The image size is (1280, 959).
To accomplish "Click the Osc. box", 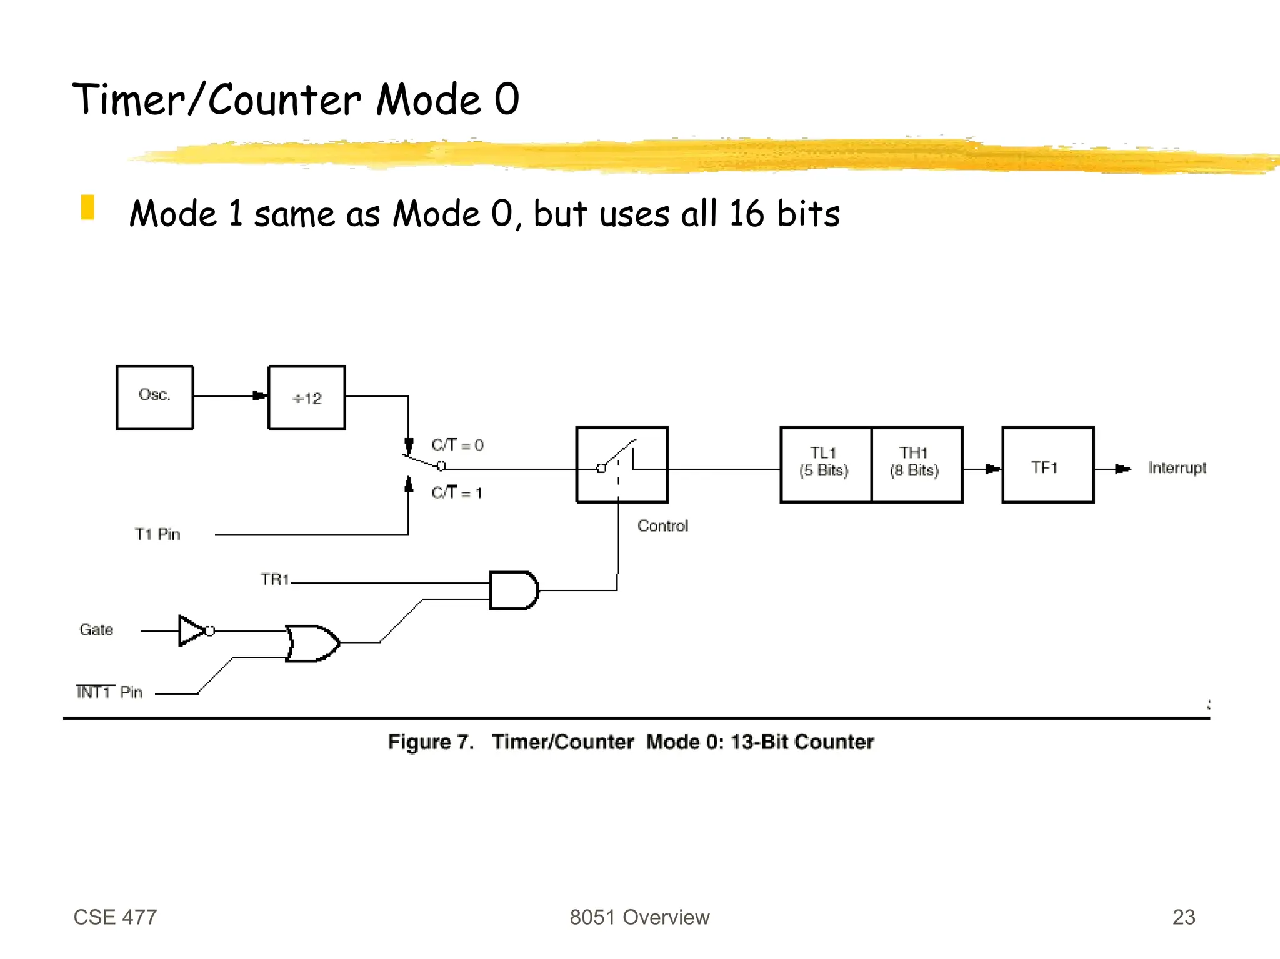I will (154, 397).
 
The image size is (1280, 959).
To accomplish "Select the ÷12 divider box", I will (306, 397).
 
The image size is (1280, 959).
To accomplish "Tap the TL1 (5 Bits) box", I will (825, 464).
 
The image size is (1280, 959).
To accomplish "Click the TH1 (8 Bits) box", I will (916, 464).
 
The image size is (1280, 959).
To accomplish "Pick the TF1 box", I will (1047, 464).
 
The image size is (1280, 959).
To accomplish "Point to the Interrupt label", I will (1177, 468).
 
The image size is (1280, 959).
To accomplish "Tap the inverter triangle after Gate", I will (191, 630).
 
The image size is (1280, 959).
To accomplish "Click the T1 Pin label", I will (157, 534).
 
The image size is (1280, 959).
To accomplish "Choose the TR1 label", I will (275, 580).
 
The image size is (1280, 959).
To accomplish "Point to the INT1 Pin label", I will (109, 692).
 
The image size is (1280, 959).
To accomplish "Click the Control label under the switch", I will (662, 526).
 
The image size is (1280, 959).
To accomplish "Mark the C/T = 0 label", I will (457, 445).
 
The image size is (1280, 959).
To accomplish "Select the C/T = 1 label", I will (457, 493).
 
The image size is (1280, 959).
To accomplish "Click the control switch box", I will (621, 464).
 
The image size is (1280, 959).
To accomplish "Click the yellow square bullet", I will (87, 207).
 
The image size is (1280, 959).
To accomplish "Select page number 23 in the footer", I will (1183, 917).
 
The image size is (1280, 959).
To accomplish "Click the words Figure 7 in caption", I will (430, 742).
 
